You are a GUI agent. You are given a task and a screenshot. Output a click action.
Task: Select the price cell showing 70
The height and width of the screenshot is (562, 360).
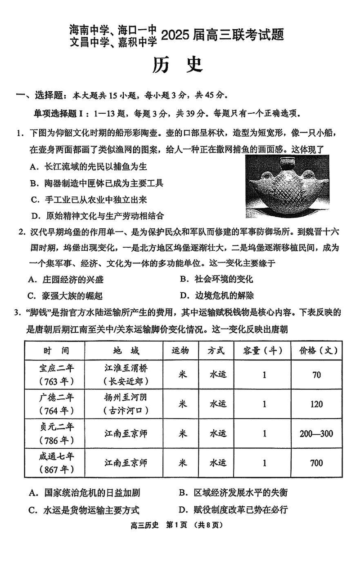pos(316,375)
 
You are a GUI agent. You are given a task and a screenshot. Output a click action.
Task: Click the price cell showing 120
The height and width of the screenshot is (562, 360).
pos(316,404)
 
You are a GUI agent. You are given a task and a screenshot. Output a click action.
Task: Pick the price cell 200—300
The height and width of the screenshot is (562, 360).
pos(316,433)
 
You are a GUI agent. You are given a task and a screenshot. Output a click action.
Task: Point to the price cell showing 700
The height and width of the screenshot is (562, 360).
pos(316,463)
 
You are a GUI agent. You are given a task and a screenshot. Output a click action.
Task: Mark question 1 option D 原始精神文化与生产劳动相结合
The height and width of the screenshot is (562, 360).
pos(97,216)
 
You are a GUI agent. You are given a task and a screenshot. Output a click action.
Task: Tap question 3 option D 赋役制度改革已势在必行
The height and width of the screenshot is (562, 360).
pos(234,509)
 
